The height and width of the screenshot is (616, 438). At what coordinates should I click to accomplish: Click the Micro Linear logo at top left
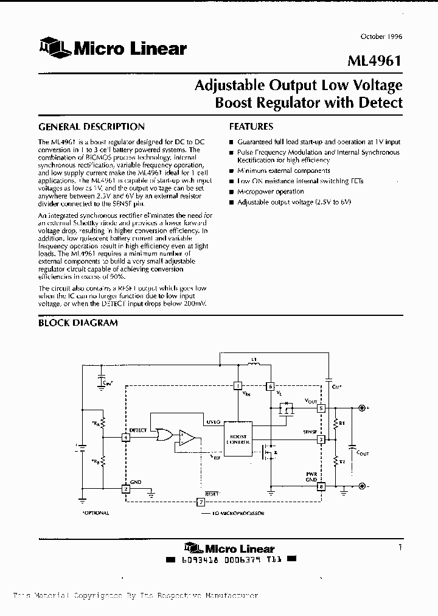point(113,49)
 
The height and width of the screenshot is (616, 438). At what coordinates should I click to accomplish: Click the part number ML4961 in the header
point(375,61)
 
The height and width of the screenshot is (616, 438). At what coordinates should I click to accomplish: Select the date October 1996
point(381,37)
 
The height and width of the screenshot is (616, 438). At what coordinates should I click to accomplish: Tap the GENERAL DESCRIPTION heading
point(91,127)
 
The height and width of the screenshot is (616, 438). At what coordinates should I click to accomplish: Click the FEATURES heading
point(251,127)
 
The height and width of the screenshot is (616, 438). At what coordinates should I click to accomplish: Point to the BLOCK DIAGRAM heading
point(78,323)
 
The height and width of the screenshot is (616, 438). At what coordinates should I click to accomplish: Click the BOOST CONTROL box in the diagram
point(238,438)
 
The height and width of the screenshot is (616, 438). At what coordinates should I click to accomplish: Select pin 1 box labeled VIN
point(238,386)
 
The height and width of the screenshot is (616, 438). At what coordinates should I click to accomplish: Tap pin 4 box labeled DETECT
point(125,437)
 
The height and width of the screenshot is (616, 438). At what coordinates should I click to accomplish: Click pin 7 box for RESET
point(201,502)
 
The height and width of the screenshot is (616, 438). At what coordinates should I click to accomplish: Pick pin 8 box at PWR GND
point(321,486)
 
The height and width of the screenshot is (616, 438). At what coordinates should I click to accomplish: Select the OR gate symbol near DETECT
point(164,435)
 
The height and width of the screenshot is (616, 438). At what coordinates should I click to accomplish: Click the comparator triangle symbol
point(187,436)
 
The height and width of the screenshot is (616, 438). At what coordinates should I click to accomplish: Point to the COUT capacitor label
point(361,453)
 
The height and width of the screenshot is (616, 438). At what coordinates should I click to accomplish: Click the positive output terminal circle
point(363,408)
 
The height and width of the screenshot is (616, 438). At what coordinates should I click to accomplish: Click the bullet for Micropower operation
point(231,192)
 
